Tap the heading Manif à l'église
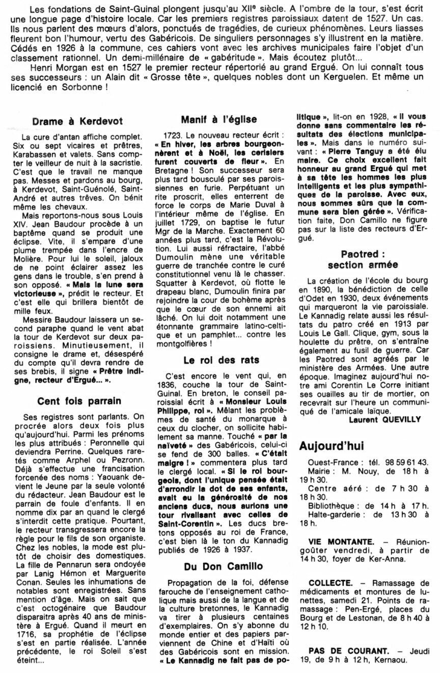coord(219,120)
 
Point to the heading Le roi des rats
coord(221,360)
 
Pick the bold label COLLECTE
coord(326,582)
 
